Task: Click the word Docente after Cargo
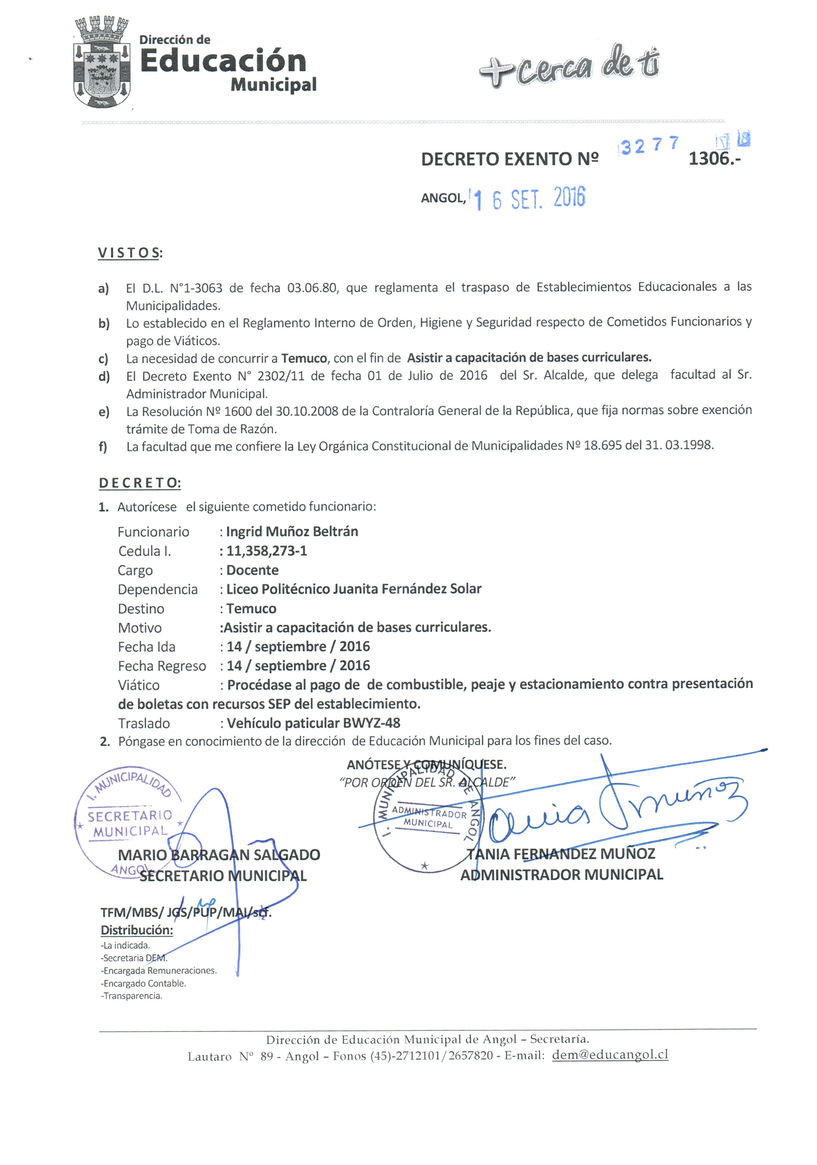point(252,570)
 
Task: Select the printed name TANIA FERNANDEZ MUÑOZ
point(560,854)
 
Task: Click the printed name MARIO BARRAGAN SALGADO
point(219,855)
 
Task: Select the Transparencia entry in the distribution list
point(132,996)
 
